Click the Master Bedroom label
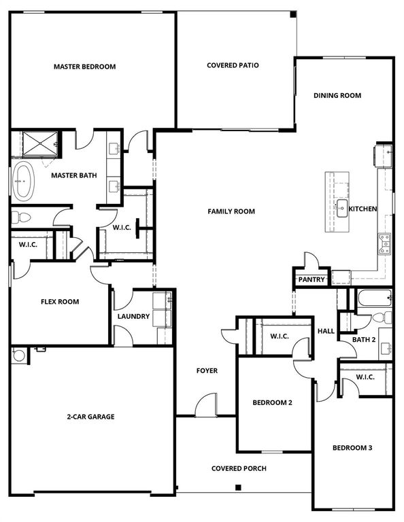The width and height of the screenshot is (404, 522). pos(84,67)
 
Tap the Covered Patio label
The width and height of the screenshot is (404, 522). pos(233,65)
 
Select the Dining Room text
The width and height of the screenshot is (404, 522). pos(337,96)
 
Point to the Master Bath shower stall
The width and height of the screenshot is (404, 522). pos(40,143)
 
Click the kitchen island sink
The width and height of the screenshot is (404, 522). pos(341,208)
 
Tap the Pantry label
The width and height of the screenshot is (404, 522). pos(312,279)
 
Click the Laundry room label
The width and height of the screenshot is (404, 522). pos(133,317)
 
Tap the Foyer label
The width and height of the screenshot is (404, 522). pos(207,370)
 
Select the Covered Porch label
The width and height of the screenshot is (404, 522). pos(238,468)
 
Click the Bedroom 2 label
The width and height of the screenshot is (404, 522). pos(272,402)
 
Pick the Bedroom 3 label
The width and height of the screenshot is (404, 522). pos(352,448)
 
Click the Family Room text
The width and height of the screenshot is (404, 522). pos(231,211)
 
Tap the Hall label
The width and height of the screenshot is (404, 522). pos(326,331)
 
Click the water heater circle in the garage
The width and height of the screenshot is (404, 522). pos(18,355)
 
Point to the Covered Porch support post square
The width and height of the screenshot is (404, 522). pos(238,487)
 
